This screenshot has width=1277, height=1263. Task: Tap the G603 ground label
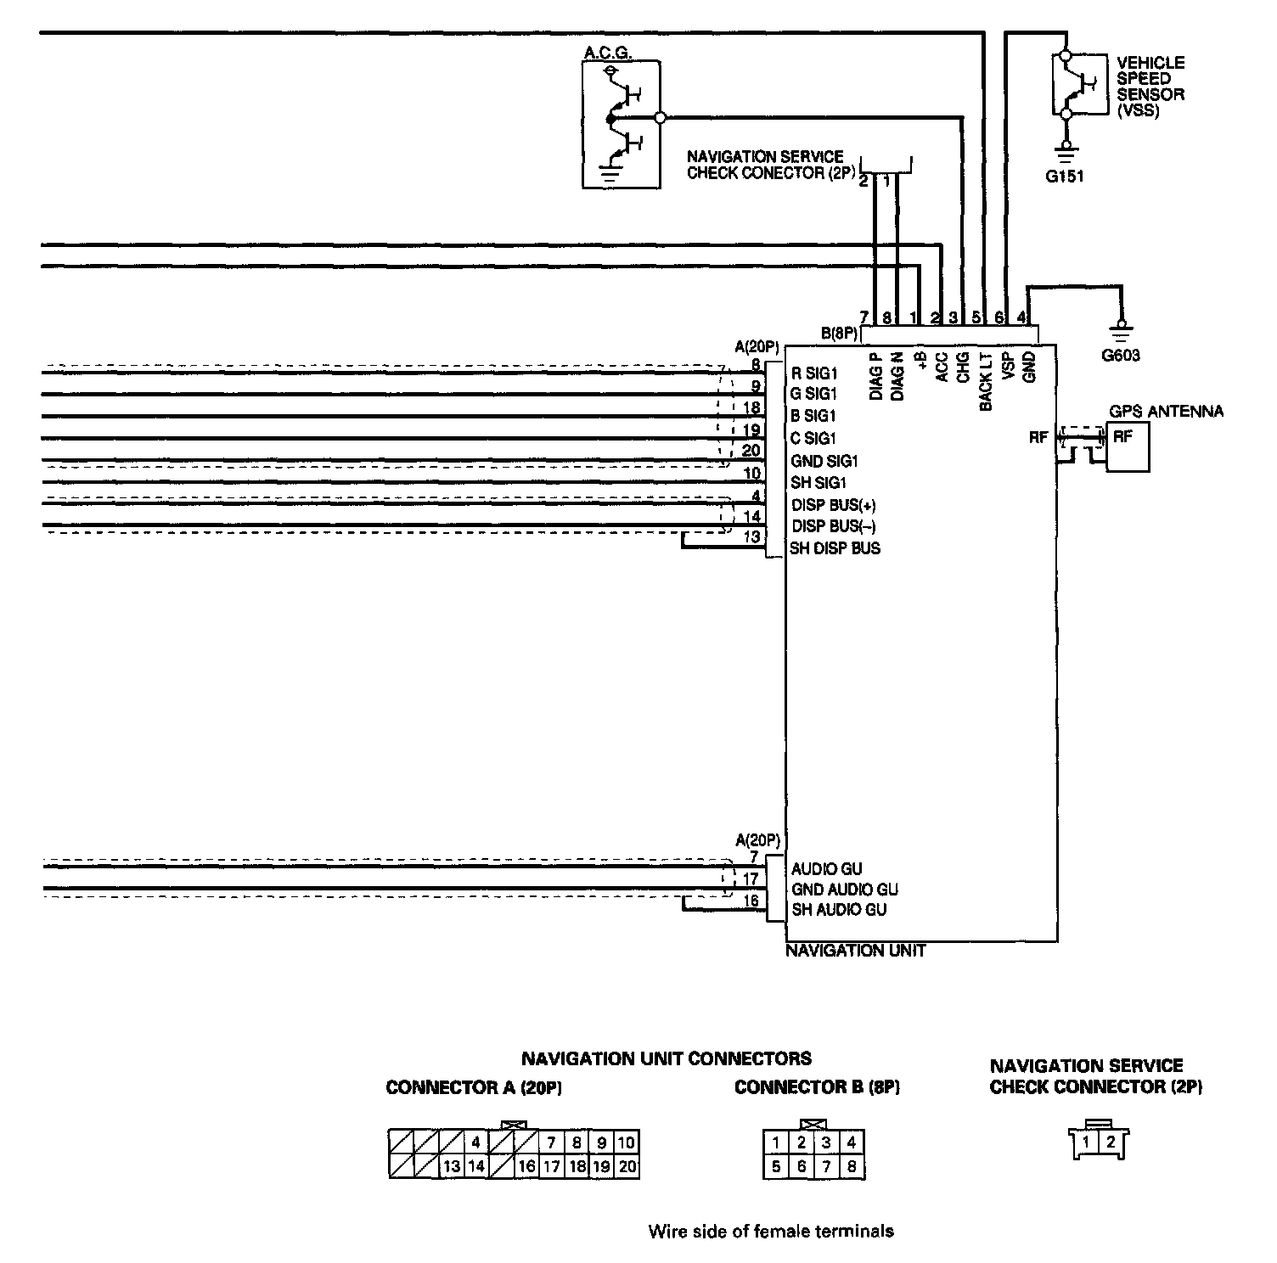pos(1121,356)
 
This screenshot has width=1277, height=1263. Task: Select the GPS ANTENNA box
pos(1127,447)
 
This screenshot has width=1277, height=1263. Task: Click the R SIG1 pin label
pos(814,373)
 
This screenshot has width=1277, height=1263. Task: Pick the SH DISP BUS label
pos(835,548)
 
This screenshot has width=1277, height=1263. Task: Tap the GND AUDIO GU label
pos(845,890)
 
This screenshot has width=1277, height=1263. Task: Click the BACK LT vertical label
pos(986,382)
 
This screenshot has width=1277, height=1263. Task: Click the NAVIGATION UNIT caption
pos(855,951)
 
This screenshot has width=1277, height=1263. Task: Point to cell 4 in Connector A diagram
pos(476,1142)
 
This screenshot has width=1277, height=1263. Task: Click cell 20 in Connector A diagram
pos(627,1167)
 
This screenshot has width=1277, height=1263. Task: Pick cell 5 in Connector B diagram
pos(776,1167)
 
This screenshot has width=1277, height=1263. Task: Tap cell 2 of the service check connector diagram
pos(1111,1142)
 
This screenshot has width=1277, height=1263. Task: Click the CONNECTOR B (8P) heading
pos(817,1087)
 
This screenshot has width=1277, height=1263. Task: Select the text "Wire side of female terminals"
pos(771,1231)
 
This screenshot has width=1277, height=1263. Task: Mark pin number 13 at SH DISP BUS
pos(751,537)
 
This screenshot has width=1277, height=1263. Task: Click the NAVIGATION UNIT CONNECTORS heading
pos(667,1058)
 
